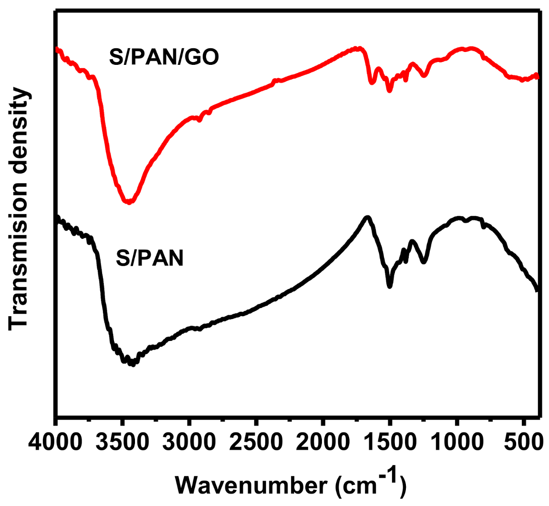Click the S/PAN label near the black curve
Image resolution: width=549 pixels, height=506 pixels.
coord(149,261)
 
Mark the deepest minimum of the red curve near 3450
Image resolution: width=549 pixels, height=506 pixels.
coord(128,202)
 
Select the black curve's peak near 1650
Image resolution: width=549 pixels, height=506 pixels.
coord(367,217)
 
